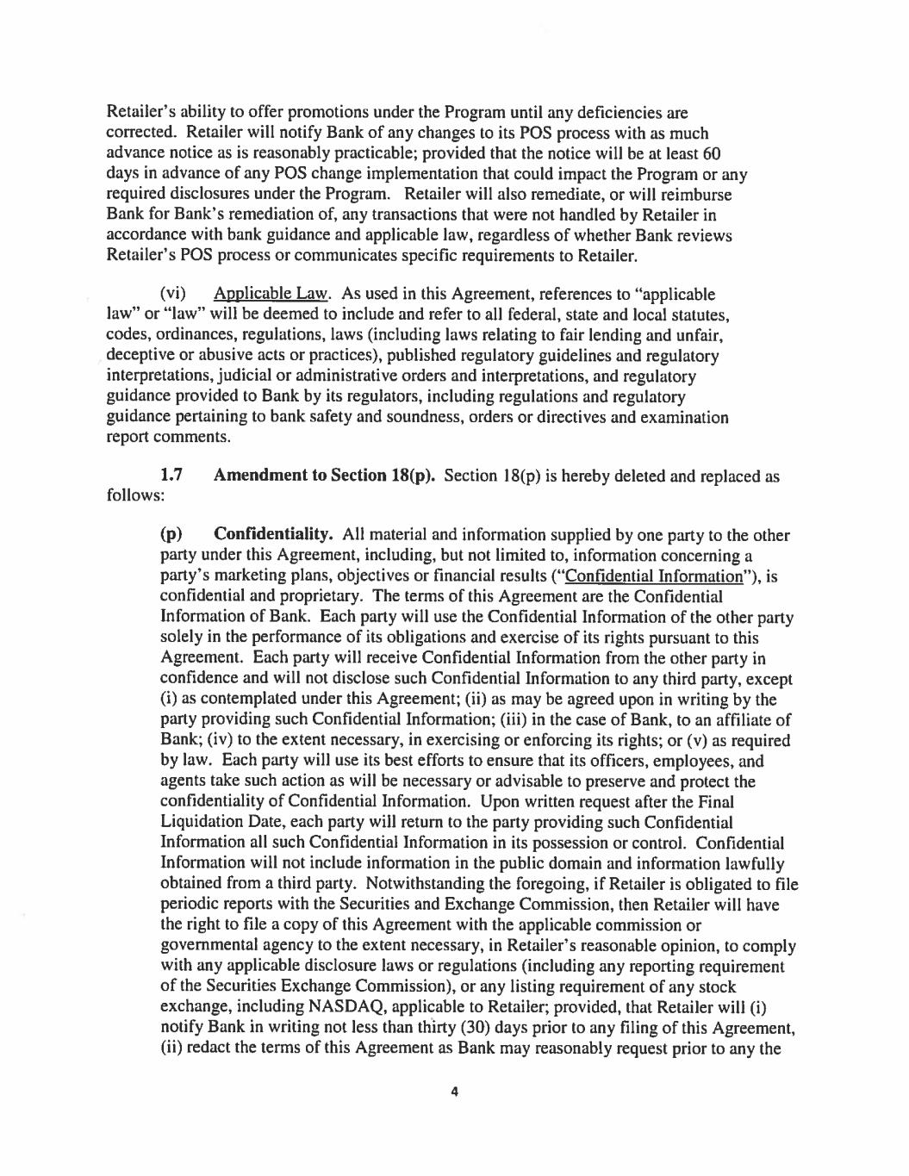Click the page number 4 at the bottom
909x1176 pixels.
click(454, 1092)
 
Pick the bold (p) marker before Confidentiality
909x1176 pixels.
click(171, 535)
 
